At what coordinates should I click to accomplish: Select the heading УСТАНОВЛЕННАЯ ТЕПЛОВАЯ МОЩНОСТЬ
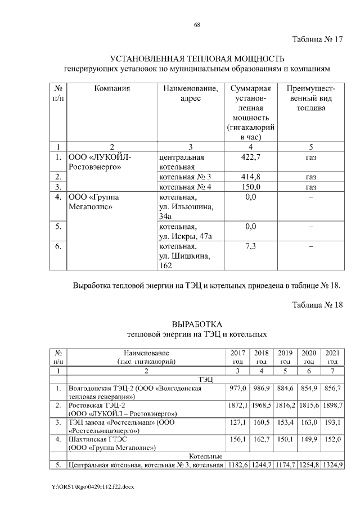(197, 59)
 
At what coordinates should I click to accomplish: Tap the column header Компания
(112, 88)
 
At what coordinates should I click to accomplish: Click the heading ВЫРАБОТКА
(197, 325)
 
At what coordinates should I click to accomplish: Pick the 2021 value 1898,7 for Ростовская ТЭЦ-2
(332, 406)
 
